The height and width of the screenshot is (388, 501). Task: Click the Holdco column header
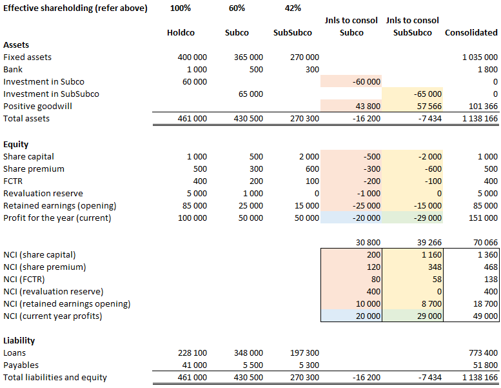pyautogui.click(x=181, y=32)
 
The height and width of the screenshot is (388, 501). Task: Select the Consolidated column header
pyautogui.click(x=471, y=32)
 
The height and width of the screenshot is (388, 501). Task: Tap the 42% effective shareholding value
pyautogui.click(x=293, y=8)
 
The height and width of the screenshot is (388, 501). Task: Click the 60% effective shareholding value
pyautogui.click(x=237, y=8)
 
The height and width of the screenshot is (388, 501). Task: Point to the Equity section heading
pyautogui.click(x=15, y=145)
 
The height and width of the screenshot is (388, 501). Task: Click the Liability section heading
pyautogui.click(x=19, y=340)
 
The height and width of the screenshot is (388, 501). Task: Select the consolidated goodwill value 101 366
pyautogui.click(x=480, y=106)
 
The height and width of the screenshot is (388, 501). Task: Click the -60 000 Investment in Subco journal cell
pyautogui.click(x=364, y=81)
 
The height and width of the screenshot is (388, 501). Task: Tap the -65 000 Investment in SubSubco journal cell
pyautogui.click(x=426, y=94)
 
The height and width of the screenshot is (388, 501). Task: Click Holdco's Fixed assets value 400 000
pyautogui.click(x=192, y=57)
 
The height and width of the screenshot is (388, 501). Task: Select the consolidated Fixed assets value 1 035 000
pyautogui.click(x=478, y=57)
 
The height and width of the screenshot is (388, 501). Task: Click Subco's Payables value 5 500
pyautogui.click(x=252, y=365)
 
